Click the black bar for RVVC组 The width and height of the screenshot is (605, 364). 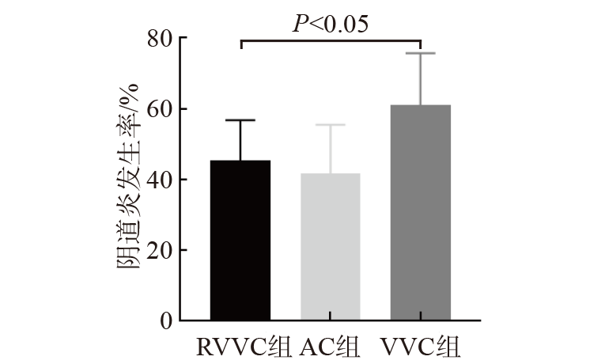240,241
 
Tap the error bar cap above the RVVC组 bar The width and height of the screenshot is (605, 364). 240,120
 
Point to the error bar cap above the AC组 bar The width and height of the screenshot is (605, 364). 331,125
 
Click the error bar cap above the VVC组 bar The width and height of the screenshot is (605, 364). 421,53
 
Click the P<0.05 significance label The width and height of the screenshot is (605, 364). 331,24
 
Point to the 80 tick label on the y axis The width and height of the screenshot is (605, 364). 161,39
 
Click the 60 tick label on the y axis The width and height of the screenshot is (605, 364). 161,109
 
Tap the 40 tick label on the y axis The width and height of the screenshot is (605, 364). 161,180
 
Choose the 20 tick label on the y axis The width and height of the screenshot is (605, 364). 161,250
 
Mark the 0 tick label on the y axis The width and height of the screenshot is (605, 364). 166,320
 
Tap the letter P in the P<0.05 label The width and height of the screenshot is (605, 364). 301,24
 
